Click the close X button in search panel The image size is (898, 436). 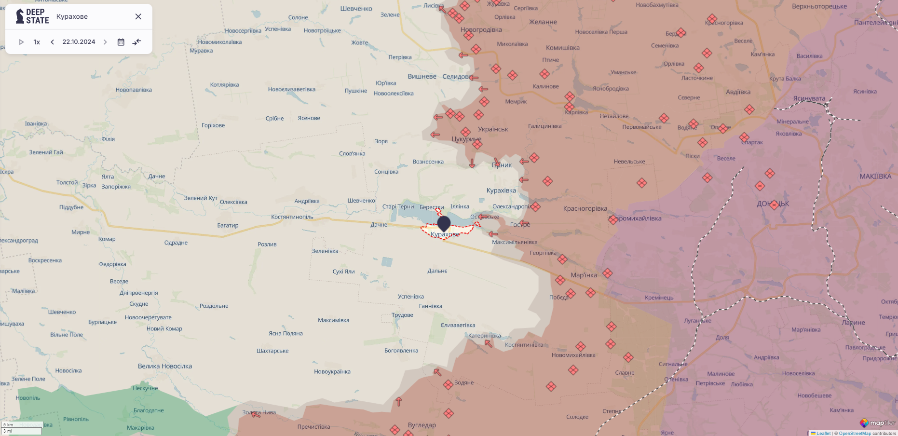coord(138,16)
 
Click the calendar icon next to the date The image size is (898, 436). coord(121,42)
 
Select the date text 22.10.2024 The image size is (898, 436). coord(79,42)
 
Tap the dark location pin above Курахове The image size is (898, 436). coord(444,223)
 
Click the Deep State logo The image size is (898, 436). coord(32,16)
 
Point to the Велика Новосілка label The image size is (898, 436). coord(165,366)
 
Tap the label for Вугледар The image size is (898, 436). coord(422,425)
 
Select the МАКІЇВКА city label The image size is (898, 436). coord(875,177)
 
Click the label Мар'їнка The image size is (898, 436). coord(584,275)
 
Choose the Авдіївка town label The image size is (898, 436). coord(738,92)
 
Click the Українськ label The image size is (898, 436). coord(493,129)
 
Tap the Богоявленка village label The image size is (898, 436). coord(401,351)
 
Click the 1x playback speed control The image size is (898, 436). coord(37,42)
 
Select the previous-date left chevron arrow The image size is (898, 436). coord(52,42)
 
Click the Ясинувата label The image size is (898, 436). coord(809,98)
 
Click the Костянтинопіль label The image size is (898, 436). coord(292,217)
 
